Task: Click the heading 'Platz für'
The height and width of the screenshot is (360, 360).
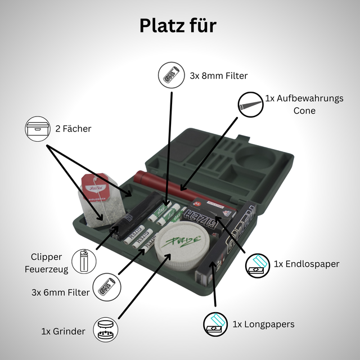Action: coord(178,26)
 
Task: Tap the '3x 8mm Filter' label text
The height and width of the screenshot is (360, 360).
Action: coord(219,76)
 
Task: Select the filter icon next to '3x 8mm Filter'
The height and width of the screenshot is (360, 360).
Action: coord(171,75)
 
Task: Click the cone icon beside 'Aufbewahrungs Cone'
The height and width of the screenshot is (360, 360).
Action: coord(250,105)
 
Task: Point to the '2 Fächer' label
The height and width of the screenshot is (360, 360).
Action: coord(73,129)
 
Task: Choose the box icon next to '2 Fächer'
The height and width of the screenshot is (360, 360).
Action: coord(38,129)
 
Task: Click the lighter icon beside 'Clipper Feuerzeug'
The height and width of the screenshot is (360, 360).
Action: coord(84,261)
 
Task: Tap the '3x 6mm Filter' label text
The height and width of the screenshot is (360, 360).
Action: coord(61,292)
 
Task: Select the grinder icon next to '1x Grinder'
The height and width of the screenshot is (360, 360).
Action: coord(105,330)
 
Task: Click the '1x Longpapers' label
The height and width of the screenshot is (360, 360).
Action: coord(264,324)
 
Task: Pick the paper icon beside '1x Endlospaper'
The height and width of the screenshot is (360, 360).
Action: coord(258,265)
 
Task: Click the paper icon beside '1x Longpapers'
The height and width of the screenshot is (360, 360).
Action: coord(215,325)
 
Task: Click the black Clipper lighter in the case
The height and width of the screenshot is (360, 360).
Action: coord(135,216)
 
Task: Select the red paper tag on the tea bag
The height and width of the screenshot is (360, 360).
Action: coord(95,187)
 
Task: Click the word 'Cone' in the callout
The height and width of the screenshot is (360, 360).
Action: coord(304,111)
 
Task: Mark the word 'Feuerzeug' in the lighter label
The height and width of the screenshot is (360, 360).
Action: coord(46,269)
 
